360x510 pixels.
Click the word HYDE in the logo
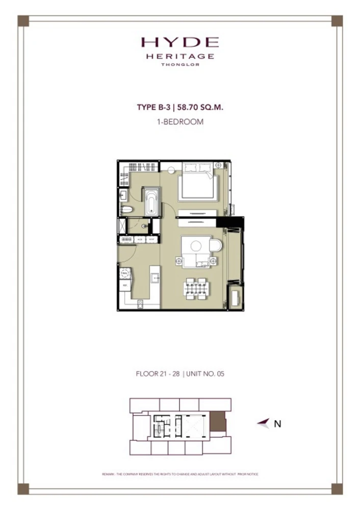180,42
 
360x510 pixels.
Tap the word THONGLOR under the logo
180,65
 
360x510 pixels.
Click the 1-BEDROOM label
180,122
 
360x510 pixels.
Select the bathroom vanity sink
124,194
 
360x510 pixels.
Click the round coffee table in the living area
195,245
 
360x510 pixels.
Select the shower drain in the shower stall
144,225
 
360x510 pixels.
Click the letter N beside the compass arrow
277,423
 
